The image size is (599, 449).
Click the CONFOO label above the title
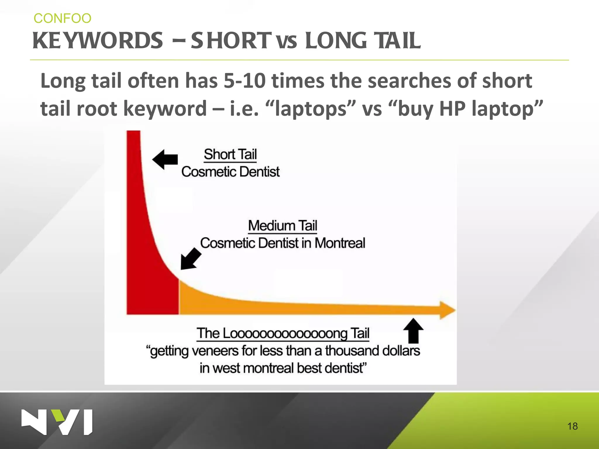pyautogui.click(x=62, y=18)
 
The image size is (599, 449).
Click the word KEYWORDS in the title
pyautogui.click(x=97, y=41)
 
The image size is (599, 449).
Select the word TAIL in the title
pyautogui.click(x=398, y=41)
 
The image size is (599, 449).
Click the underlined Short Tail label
pyautogui.click(x=230, y=154)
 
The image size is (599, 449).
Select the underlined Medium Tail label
pyautogui.click(x=283, y=226)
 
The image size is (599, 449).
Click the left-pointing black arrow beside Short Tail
pyautogui.click(x=165, y=159)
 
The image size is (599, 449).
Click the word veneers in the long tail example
pyautogui.click(x=215, y=351)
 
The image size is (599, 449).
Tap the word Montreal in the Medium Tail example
pyautogui.click(x=340, y=243)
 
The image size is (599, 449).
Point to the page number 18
pyautogui.click(x=572, y=426)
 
